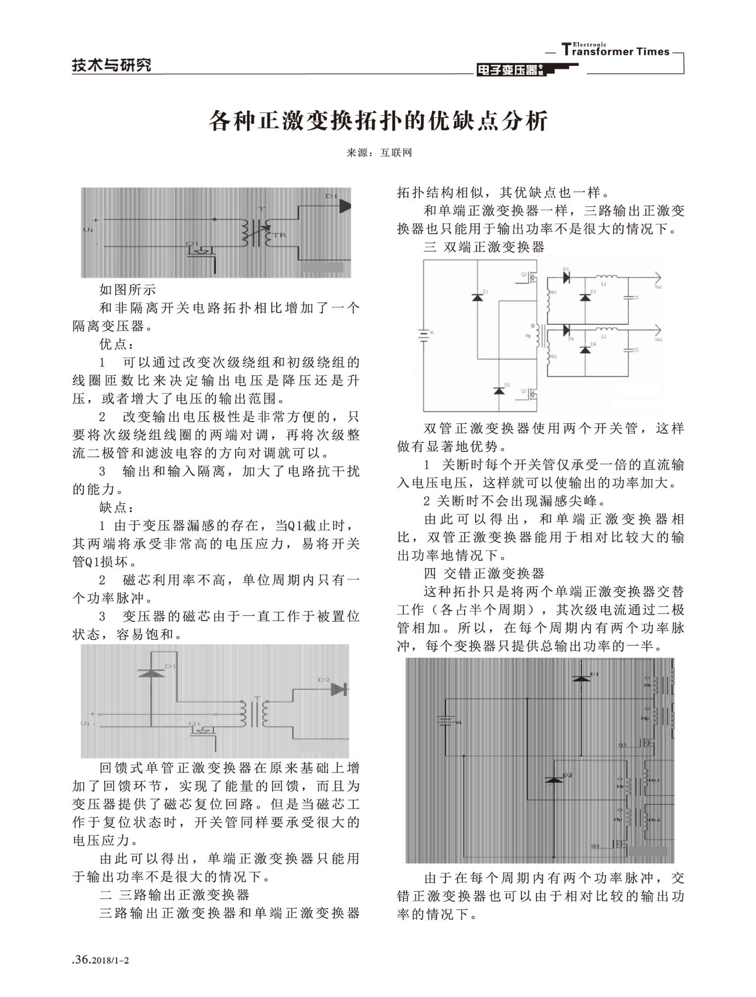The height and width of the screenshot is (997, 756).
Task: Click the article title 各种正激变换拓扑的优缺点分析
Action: [378, 121]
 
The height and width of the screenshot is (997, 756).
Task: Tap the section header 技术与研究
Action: [111, 65]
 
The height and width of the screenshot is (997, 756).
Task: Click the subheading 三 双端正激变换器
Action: [484, 247]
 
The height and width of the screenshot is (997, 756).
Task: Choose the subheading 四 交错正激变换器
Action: [484, 573]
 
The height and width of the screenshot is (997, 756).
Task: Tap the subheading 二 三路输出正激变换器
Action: [174, 895]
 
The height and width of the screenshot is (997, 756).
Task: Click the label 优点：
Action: [117, 344]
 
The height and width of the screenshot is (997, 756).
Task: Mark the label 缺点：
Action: [117, 507]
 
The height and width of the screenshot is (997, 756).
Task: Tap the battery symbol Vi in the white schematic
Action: [423, 334]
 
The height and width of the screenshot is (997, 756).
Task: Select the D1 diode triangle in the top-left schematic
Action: [344, 206]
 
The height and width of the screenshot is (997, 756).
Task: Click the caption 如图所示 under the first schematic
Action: [127, 290]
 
